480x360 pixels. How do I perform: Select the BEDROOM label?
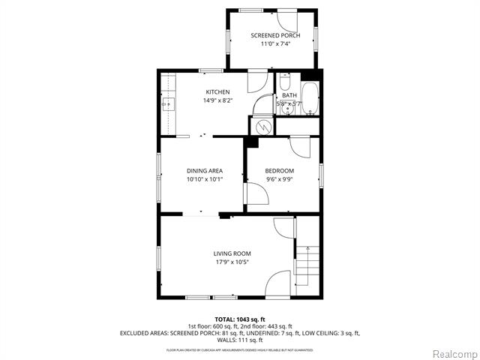point(279,171)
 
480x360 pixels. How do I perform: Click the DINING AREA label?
point(205,171)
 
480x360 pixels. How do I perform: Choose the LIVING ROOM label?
point(232,253)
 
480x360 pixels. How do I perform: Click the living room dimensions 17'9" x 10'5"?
point(232,262)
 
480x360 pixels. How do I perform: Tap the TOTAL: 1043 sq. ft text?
point(240,319)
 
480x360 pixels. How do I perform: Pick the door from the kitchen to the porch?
point(258,79)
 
